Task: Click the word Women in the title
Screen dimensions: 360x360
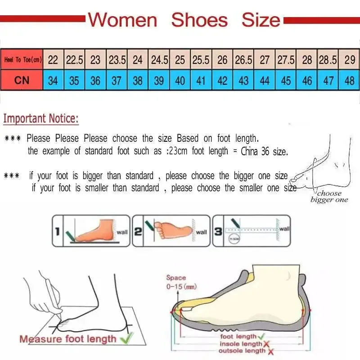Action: (x=122, y=20)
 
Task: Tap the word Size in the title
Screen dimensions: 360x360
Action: (x=261, y=20)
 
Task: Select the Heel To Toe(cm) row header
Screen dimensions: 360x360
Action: (x=22, y=59)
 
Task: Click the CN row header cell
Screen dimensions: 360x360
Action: (x=22, y=81)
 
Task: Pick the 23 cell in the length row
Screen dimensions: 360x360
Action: (x=95, y=59)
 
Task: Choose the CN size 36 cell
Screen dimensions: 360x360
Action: (x=95, y=81)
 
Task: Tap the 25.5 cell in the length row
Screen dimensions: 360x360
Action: (x=201, y=59)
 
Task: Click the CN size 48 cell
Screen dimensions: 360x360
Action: (x=349, y=81)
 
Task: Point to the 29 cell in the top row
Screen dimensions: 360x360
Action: (x=349, y=59)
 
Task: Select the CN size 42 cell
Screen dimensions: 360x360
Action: (x=222, y=81)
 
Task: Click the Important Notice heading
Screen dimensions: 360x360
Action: (x=41, y=119)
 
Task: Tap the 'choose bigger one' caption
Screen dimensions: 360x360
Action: (x=329, y=196)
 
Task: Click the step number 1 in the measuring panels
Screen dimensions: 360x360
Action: (x=57, y=231)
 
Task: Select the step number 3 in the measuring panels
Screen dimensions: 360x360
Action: (x=217, y=231)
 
